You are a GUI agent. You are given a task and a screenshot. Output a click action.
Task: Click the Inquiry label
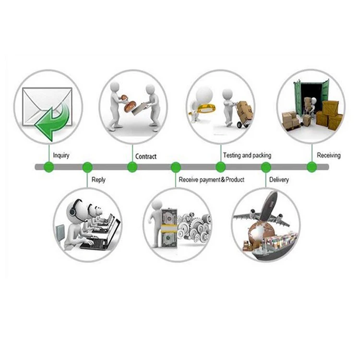click(61, 156)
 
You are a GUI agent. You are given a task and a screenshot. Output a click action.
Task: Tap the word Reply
click(98, 180)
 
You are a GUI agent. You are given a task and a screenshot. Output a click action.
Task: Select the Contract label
click(146, 156)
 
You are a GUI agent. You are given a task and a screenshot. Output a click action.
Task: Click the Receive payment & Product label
click(211, 180)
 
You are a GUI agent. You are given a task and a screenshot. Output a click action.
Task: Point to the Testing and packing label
click(247, 156)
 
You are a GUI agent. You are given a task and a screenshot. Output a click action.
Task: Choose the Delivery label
click(279, 180)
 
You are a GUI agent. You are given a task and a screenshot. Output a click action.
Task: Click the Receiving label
click(328, 156)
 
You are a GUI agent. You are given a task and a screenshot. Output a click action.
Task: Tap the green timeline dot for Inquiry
click(48, 167)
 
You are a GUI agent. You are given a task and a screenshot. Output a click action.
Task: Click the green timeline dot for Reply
click(87, 167)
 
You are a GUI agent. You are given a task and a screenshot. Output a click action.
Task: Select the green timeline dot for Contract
click(132, 167)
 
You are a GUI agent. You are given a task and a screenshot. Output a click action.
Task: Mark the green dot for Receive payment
click(176, 167)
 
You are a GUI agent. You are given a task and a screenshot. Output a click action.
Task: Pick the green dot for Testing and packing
click(220, 167)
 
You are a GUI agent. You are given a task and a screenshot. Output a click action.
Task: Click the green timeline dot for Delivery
click(265, 167)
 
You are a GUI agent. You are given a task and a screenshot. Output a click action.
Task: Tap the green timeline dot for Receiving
click(312, 167)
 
